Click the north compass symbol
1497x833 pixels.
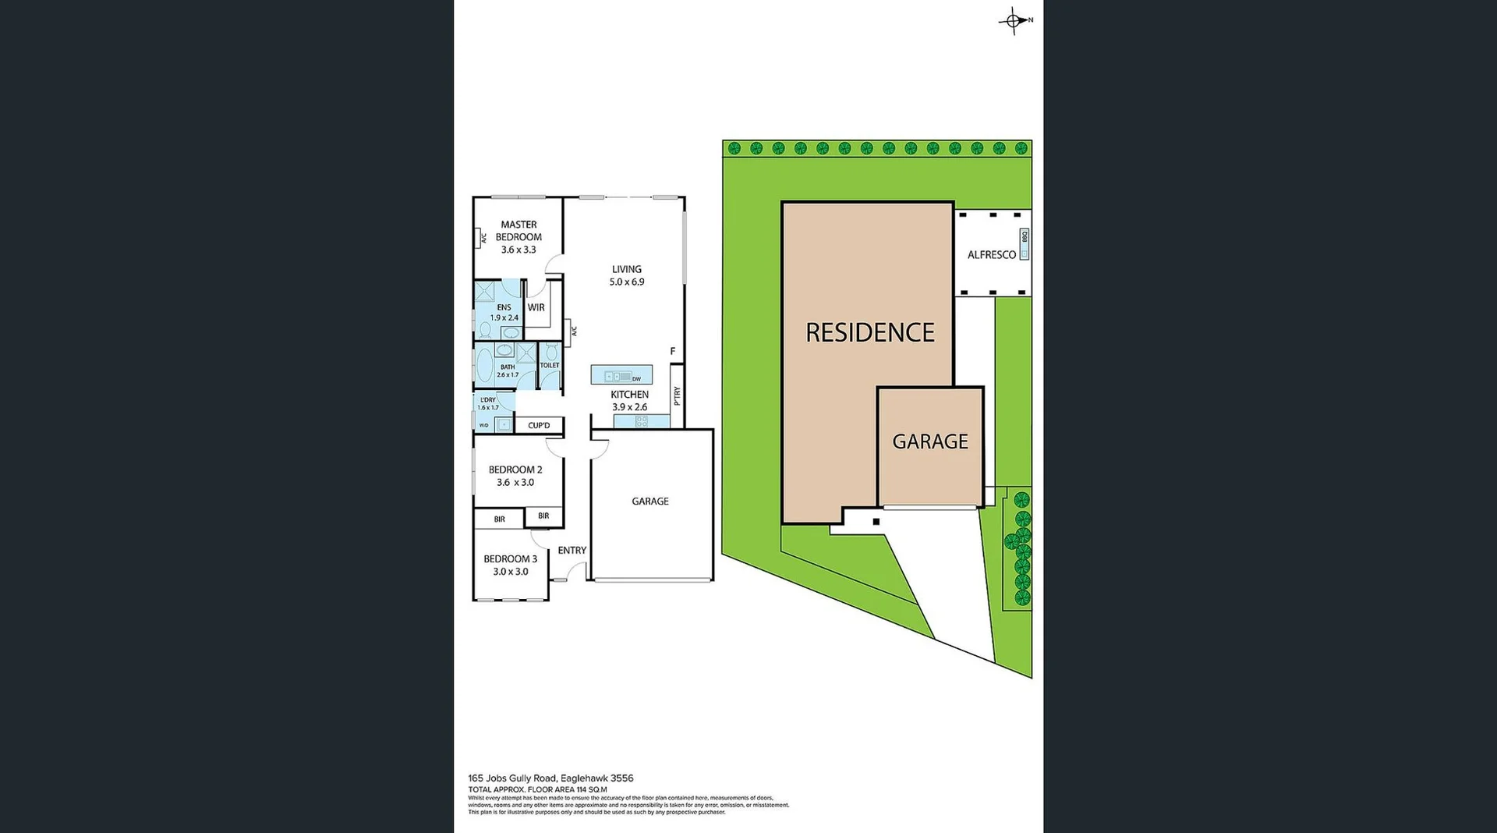click(1014, 21)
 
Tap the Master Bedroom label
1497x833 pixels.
click(518, 231)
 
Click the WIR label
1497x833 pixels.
click(536, 307)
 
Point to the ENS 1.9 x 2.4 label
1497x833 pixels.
click(504, 313)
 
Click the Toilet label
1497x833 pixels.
click(550, 365)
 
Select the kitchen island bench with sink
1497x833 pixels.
click(621, 376)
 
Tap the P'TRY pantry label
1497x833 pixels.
click(677, 395)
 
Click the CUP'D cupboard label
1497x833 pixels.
click(539, 426)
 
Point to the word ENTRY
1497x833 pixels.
click(572, 551)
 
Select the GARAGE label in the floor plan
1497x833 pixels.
click(650, 502)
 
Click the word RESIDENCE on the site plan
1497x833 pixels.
click(869, 333)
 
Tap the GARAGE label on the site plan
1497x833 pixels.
click(930, 441)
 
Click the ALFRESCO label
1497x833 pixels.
click(991, 255)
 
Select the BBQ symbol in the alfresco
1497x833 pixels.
click(1025, 244)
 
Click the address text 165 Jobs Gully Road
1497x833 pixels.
click(512, 778)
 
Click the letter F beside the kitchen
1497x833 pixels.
click(673, 352)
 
